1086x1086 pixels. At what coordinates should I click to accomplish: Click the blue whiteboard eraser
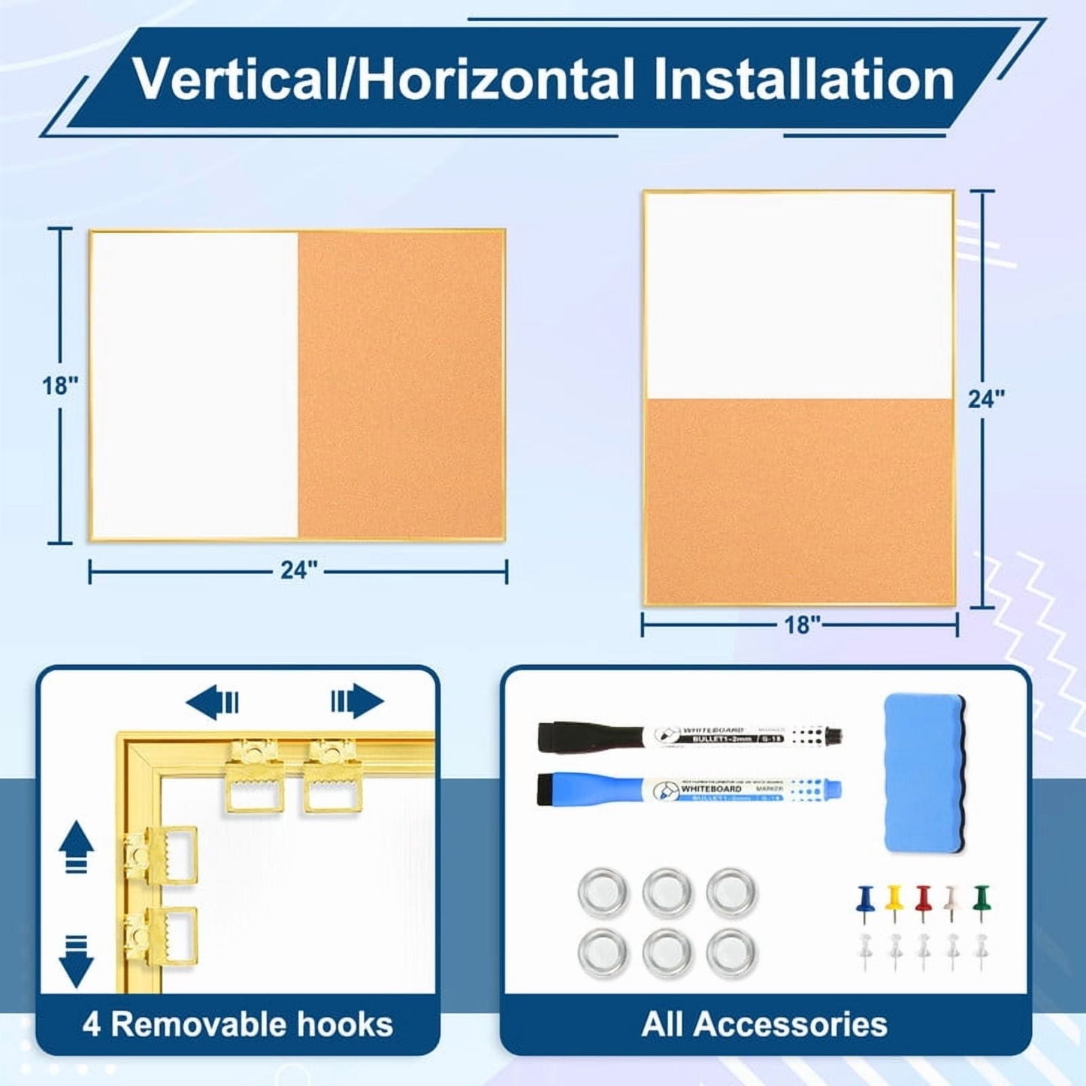pyautogui.click(x=924, y=773)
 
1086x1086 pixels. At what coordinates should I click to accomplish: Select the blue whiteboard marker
pyautogui.click(x=688, y=790)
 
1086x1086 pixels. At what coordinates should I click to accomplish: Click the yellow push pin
pyautogui.click(x=894, y=900)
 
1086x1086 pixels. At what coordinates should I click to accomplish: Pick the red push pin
pyautogui.click(x=923, y=900)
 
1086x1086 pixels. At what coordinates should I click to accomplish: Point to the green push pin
pyautogui.click(x=981, y=900)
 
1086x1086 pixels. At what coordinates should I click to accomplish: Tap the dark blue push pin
pyautogui.click(x=865, y=900)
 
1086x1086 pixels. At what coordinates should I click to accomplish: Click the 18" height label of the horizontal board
pyautogui.click(x=59, y=386)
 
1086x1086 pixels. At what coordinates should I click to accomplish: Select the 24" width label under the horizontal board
pyautogui.click(x=299, y=570)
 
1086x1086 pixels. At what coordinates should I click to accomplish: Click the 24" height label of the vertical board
pyautogui.click(x=985, y=399)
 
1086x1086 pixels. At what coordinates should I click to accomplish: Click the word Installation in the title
pyautogui.click(x=803, y=80)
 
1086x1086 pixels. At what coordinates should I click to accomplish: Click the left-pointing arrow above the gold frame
pyautogui.click(x=212, y=703)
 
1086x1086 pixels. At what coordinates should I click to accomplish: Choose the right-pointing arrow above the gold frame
pyautogui.click(x=358, y=701)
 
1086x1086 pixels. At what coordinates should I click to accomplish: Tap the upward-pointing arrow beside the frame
pyautogui.click(x=77, y=846)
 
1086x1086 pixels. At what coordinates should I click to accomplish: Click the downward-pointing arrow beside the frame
pyautogui.click(x=77, y=961)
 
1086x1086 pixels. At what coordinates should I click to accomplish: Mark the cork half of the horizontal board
pyautogui.click(x=400, y=385)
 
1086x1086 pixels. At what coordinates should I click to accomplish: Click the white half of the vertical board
pyautogui.click(x=799, y=295)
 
